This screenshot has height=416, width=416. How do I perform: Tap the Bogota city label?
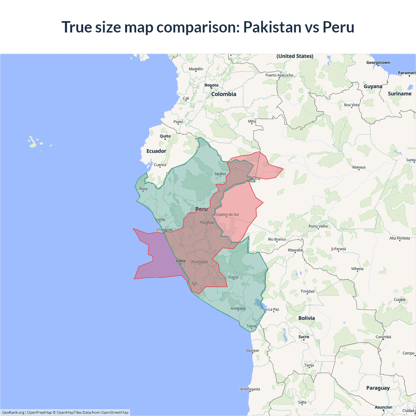point(211,85)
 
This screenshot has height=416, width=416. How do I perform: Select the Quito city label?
point(165,136)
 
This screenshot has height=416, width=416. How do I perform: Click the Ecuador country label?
point(156,151)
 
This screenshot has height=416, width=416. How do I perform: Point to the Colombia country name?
point(224,94)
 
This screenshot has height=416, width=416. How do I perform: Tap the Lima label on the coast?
point(181,261)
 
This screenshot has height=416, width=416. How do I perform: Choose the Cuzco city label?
point(233,277)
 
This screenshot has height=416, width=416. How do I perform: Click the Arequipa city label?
point(238,308)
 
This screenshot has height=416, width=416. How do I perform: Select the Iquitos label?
point(220,174)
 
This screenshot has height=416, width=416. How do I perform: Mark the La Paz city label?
point(274,309)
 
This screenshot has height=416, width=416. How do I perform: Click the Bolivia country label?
point(306,318)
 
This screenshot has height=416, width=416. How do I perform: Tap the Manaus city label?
point(359,167)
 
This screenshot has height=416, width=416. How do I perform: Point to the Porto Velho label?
point(318,226)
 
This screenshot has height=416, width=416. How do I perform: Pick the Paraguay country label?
point(378,388)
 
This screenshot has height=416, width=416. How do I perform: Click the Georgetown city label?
point(378,62)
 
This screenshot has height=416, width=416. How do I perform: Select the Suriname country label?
point(399,94)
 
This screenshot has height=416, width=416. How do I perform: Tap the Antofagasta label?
point(250,389)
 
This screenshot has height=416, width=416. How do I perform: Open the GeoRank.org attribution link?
point(13,412)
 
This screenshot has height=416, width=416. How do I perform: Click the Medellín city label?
point(196,69)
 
